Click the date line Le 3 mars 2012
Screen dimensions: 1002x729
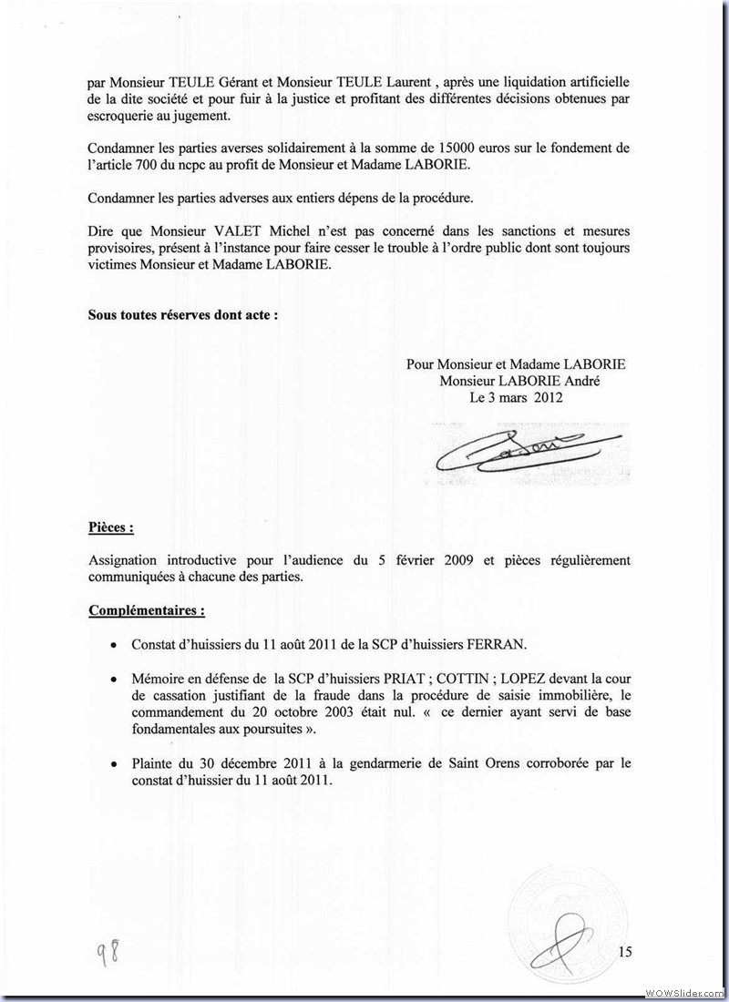(x=516, y=397)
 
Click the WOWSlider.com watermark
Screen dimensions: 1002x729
(x=683, y=991)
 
